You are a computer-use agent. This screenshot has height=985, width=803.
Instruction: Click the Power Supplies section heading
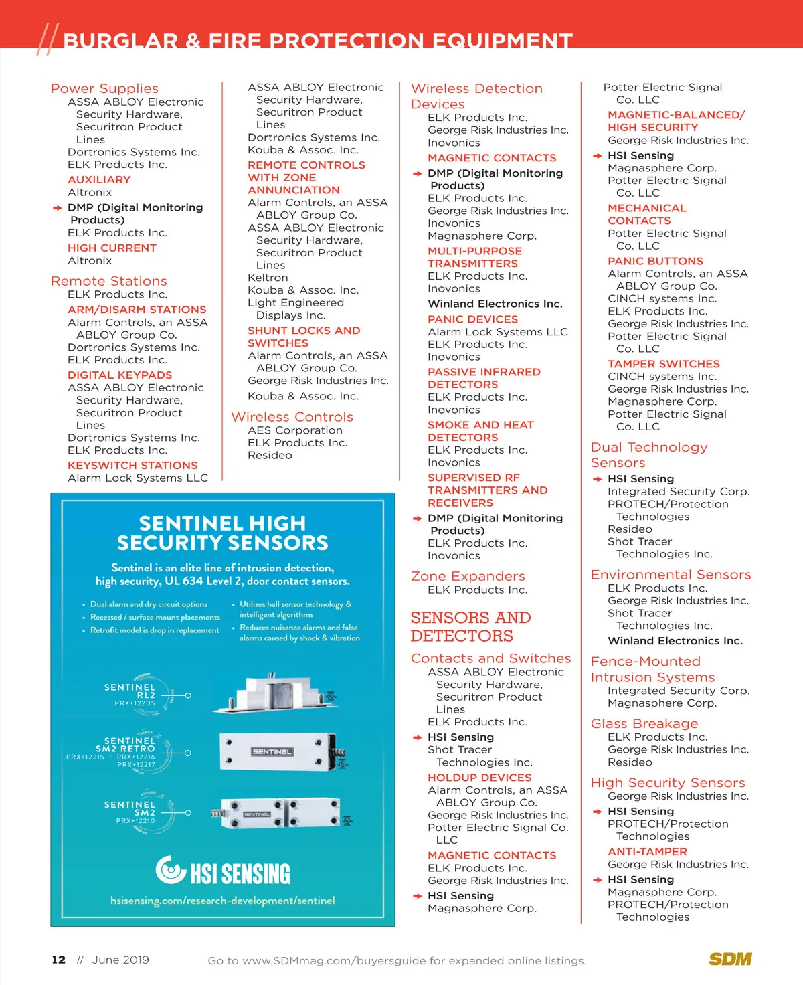point(104,88)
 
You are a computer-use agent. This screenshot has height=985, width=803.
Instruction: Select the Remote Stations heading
point(109,281)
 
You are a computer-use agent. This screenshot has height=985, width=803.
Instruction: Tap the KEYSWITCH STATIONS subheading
point(132,465)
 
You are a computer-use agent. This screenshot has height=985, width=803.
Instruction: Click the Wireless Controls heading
point(292,417)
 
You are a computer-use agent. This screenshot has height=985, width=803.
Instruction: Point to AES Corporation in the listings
point(295,430)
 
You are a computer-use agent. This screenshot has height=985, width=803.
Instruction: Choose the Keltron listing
point(268,278)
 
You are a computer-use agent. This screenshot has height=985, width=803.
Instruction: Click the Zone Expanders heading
point(468,576)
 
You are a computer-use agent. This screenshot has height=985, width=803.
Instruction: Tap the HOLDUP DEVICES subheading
point(479,778)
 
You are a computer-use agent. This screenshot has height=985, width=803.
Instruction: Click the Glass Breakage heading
point(644,723)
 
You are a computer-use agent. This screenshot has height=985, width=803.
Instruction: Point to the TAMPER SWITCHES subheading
point(664,364)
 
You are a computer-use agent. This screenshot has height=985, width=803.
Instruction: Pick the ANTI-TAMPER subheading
point(647,852)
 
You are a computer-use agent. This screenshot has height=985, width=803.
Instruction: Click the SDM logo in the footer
point(730,959)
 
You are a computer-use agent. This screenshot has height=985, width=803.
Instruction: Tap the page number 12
point(59,960)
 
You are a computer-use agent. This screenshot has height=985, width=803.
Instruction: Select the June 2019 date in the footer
point(120,960)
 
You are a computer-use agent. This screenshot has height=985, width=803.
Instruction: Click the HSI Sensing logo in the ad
point(223,871)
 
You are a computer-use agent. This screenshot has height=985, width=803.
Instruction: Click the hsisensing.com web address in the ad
point(223,901)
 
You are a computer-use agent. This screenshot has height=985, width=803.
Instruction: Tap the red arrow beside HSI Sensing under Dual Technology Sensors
point(597,479)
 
